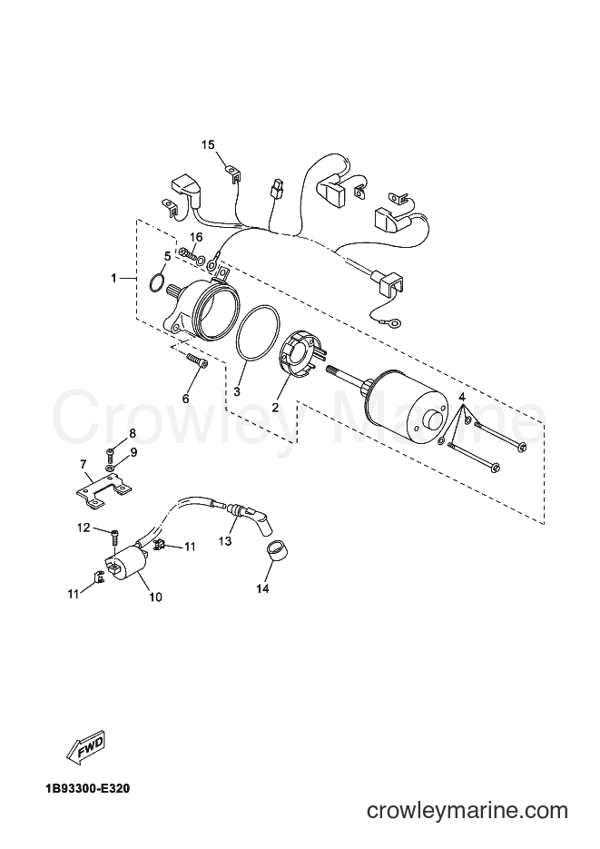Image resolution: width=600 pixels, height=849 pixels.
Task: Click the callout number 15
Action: (x=208, y=145)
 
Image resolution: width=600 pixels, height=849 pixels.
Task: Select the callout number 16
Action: (x=196, y=237)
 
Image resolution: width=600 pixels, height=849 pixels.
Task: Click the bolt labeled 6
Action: (x=196, y=360)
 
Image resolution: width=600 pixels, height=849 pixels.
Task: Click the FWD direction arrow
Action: (x=86, y=749)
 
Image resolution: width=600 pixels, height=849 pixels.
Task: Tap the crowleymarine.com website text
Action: (x=467, y=811)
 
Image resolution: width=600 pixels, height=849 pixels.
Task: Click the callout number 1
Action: (x=113, y=278)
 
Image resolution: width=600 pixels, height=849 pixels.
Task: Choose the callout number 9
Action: (x=133, y=451)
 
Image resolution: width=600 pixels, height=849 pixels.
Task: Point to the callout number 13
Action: (x=225, y=541)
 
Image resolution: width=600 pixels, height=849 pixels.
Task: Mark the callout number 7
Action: (x=83, y=464)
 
